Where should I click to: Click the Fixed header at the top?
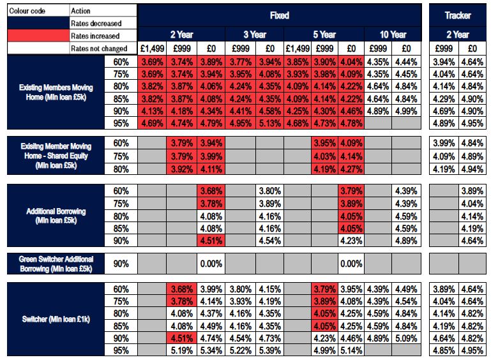point(279,15)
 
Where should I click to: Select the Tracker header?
point(457,15)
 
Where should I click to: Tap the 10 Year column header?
point(393,34)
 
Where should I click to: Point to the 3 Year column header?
point(255,34)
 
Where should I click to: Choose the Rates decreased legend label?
point(96,24)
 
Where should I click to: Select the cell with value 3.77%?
point(240,62)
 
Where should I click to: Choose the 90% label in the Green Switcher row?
point(121,263)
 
